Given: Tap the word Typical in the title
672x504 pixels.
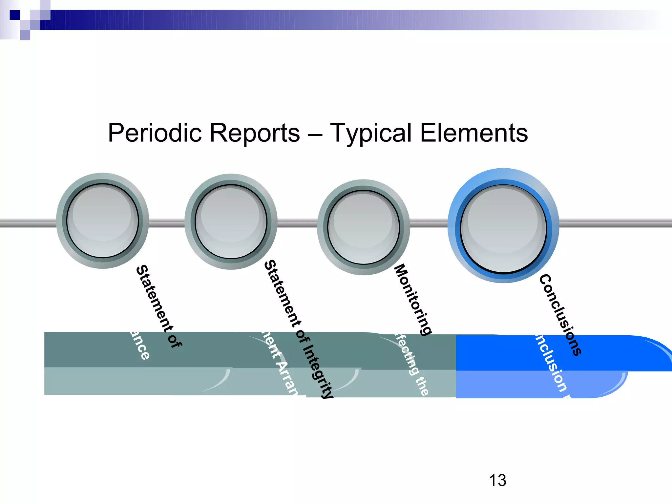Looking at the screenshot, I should [x=370, y=133].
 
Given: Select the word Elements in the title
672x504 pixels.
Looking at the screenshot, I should [x=474, y=133].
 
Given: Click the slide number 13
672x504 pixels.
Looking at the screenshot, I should [x=497, y=480].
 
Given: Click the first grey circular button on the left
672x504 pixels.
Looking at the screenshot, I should [x=103, y=220].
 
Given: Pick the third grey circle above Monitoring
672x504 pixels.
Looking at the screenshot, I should [x=364, y=227].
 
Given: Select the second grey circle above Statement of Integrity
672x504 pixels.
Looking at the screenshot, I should [x=231, y=221].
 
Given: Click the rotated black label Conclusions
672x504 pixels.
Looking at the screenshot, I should [x=560, y=315].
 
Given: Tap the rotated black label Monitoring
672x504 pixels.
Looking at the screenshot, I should [x=413, y=299].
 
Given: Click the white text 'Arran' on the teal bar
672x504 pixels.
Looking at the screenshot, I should [x=287, y=377].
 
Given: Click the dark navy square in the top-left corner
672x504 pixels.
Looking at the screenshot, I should [x=14, y=15].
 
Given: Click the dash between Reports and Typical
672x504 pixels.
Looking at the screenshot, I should [x=315, y=134].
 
